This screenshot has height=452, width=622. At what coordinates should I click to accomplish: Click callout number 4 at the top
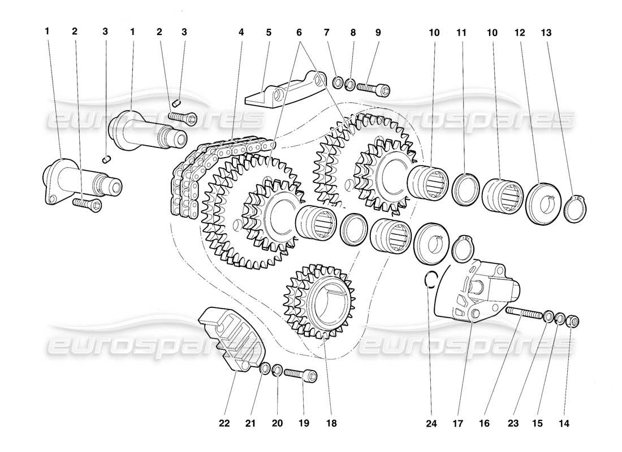[x=241, y=32]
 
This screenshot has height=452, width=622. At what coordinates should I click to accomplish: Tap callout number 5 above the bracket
[x=269, y=32]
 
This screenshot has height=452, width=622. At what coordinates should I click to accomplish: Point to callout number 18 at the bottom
[x=325, y=422]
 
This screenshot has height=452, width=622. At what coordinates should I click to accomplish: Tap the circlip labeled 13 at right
[x=577, y=207]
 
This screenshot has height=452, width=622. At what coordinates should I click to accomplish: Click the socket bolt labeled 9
[x=374, y=88]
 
